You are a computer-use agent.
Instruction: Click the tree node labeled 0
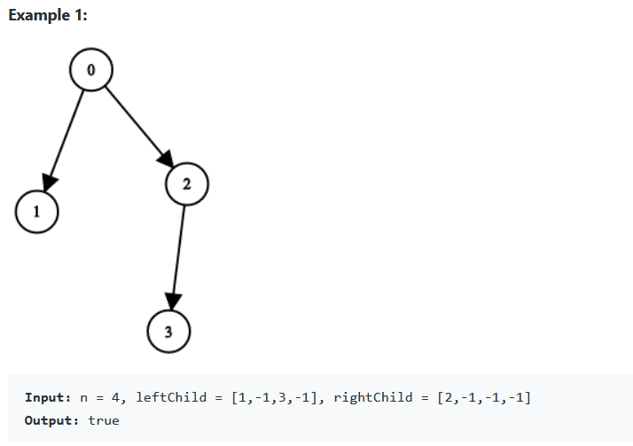(90, 68)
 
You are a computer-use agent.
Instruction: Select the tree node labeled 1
(36, 212)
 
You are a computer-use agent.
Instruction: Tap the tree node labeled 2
(186, 184)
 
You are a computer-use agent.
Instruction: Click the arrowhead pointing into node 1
(49, 182)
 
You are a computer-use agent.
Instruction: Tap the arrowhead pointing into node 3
(172, 301)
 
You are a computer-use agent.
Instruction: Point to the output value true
(103, 419)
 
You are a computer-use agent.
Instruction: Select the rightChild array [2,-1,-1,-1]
(483, 397)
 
